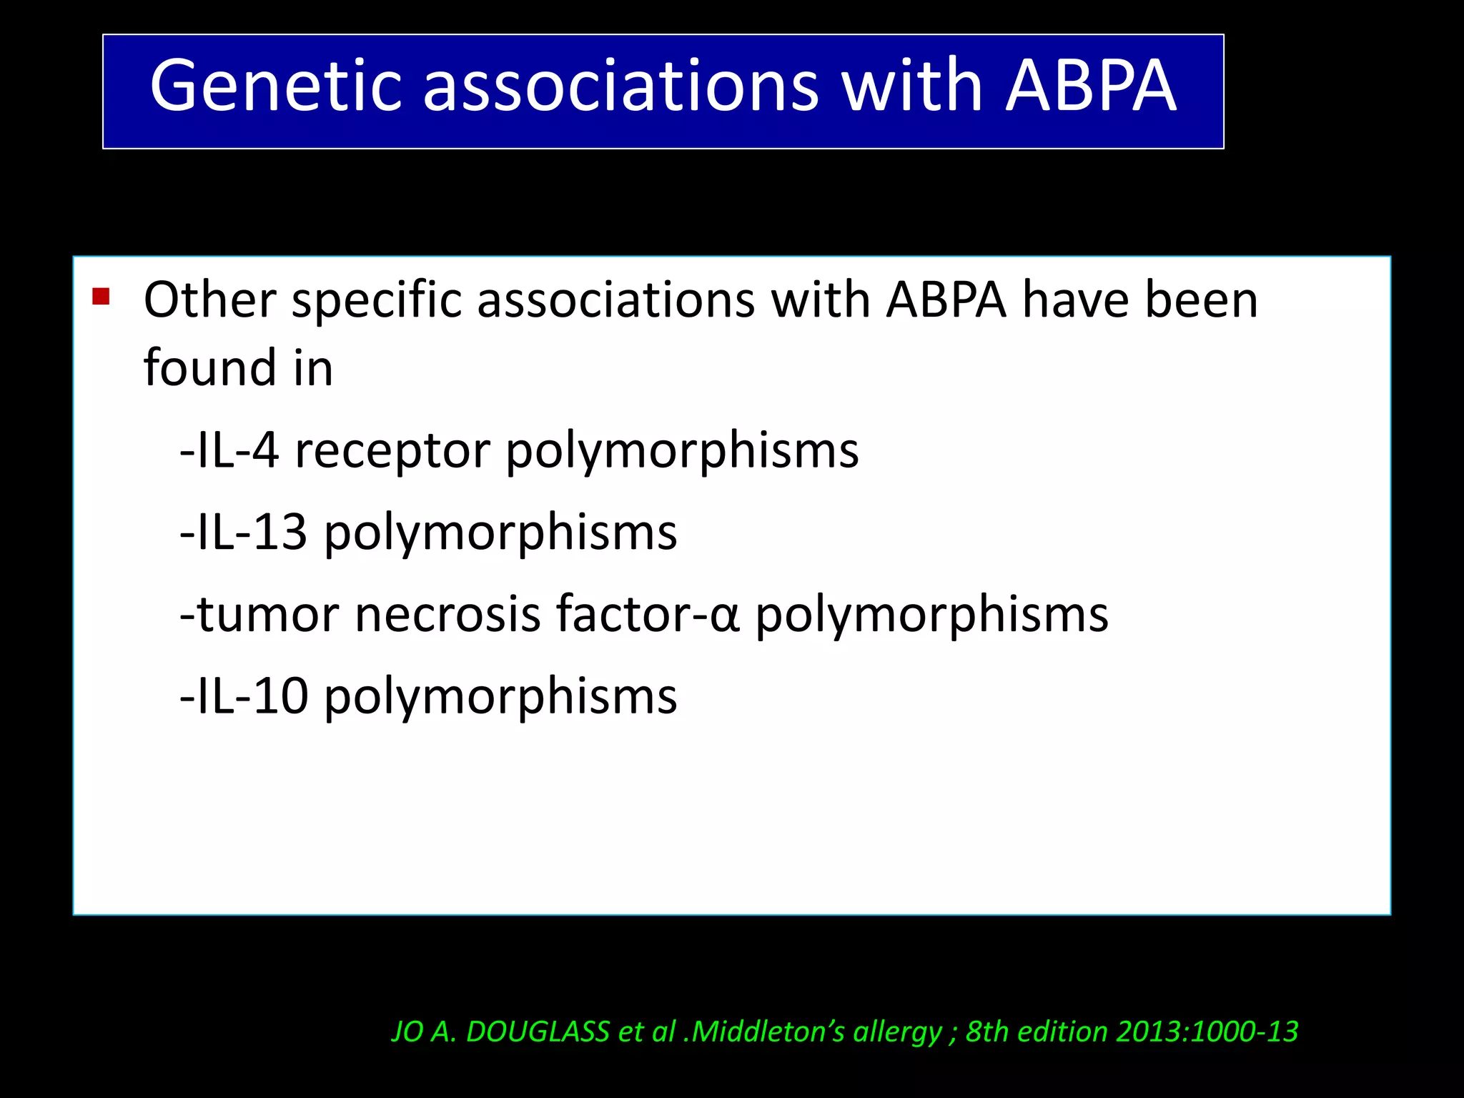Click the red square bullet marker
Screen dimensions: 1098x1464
[101, 296]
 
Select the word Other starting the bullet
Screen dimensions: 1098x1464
[209, 300]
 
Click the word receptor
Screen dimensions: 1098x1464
[392, 452]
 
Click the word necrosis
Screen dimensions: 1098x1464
[447, 615]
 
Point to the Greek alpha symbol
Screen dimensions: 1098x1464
[724, 617]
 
